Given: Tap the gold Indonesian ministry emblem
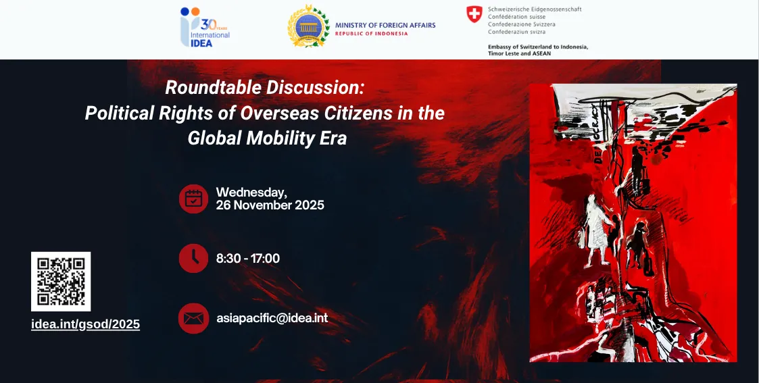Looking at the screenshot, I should coord(308,28).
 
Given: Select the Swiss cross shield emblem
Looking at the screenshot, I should coord(474,14).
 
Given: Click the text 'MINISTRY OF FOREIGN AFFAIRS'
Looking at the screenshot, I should coord(385,25).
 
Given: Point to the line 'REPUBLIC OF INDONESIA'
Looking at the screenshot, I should coord(372,33).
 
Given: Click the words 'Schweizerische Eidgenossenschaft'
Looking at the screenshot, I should coord(535,9).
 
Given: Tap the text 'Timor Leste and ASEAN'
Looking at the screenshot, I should coord(519,53).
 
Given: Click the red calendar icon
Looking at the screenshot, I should coord(193,199).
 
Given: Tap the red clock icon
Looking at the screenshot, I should coord(193,258).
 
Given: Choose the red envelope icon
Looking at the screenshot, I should coord(193,318).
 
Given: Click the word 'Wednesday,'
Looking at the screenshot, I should coord(251,193).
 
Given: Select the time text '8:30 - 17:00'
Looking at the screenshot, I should coord(248,258).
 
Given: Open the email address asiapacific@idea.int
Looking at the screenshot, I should coord(272,317).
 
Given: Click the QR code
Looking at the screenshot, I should coord(61,281).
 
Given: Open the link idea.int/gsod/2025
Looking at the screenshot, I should coord(86,324).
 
